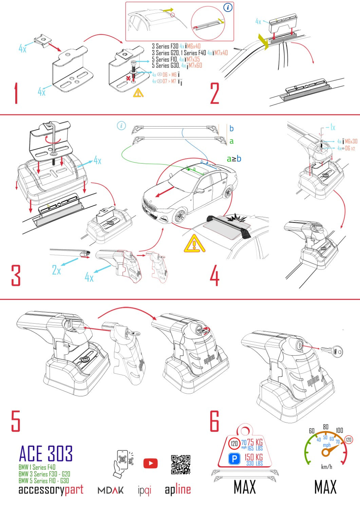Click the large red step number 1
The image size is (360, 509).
(16, 93)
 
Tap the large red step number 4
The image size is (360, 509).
(214, 276)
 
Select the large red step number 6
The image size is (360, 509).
(214, 421)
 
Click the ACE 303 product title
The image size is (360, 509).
(45, 454)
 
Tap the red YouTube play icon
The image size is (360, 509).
(150, 463)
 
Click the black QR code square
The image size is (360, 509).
(181, 465)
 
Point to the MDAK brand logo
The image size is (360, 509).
(111, 490)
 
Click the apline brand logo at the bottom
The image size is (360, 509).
(178, 490)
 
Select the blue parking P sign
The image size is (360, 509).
(234, 459)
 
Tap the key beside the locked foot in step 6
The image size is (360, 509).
(331, 352)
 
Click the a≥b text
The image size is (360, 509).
(234, 158)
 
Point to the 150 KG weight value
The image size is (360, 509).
(253, 457)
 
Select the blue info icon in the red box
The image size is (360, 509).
(228, 7)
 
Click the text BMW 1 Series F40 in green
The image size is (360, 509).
(37, 467)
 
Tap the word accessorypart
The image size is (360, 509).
(51, 490)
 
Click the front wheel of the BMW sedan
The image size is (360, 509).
(180, 216)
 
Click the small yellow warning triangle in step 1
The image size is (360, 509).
(138, 93)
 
